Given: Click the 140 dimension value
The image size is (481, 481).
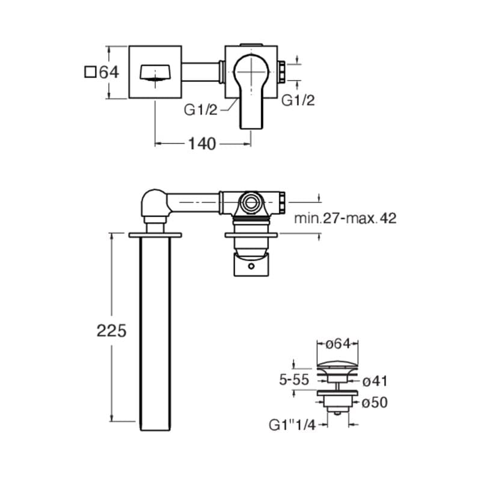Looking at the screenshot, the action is click(x=202, y=144).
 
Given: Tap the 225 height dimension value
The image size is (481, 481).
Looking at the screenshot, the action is click(x=111, y=331).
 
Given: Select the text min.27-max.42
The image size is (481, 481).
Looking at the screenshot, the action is click(x=345, y=218).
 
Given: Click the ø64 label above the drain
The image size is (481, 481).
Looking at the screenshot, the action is click(x=337, y=344).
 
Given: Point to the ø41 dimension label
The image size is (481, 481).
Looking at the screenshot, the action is click(x=375, y=381).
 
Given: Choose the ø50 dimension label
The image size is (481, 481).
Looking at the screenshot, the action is click(x=375, y=402).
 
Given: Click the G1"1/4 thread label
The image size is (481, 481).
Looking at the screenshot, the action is click(x=292, y=425).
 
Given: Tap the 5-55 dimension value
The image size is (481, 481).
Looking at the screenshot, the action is click(x=294, y=380).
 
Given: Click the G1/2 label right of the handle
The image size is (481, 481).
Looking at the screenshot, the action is click(x=298, y=100).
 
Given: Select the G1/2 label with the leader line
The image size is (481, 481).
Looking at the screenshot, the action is click(x=201, y=109).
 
